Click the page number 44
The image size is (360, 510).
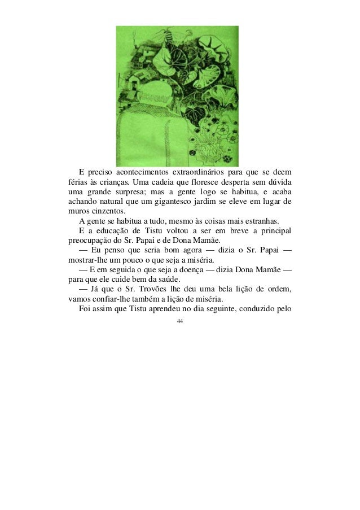[180, 321]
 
